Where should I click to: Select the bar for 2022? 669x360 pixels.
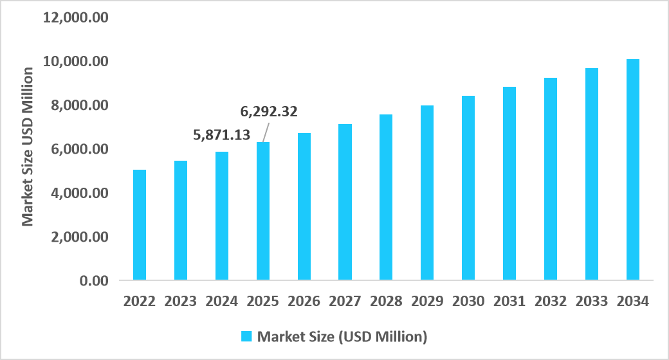[140, 225]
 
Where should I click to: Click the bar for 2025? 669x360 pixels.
[263, 212]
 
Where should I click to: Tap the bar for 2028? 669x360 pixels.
[386, 197]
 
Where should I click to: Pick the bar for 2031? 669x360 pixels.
[509, 184]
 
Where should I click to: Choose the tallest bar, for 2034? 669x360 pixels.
[633, 170]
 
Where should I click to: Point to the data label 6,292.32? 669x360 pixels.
[269, 112]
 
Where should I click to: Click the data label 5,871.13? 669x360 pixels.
[222, 135]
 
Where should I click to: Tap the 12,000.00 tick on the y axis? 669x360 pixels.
[75, 17]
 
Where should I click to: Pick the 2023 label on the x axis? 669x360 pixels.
[181, 301]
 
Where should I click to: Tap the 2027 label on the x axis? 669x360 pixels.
[345, 301]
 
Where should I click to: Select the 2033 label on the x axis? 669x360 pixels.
[592, 301]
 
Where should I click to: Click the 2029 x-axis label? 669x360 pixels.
[427, 301]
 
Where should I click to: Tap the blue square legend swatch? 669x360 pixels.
[246, 336]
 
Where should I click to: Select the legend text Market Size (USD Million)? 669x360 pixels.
[342, 336]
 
